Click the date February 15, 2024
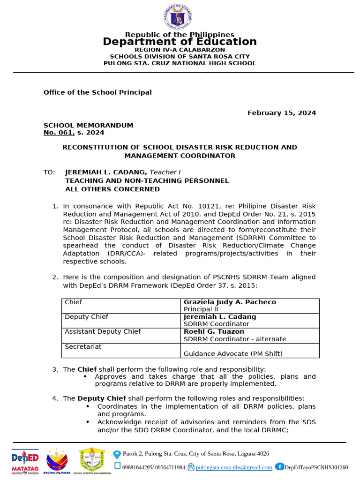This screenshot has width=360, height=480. [x=281, y=113]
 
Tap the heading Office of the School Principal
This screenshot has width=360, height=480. [x=97, y=92]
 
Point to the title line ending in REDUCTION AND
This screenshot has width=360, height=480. [x=180, y=147]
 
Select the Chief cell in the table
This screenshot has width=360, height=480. [x=74, y=302]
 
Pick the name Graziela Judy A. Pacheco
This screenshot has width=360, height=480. [x=230, y=302]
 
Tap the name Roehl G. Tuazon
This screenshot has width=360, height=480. [x=214, y=332]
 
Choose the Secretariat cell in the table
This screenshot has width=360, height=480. [x=83, y=347]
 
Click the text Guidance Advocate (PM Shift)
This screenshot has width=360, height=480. [x=233, y=354]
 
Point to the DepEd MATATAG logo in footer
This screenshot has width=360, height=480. [x=25, y=462]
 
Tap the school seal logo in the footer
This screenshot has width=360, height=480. [x=92, y=459]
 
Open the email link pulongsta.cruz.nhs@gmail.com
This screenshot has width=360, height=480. [x=234, y=467]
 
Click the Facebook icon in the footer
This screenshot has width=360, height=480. [x=279, y=466]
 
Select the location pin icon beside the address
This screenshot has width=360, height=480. [x=117, y=454]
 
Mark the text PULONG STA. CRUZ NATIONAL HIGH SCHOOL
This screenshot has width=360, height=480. [x=180, y=63]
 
